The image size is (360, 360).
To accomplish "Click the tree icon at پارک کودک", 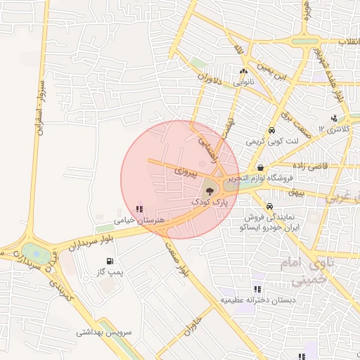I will tap(209, 190).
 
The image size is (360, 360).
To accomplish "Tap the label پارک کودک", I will tap(210, 202).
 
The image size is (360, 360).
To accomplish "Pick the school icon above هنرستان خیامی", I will tap(139, 209).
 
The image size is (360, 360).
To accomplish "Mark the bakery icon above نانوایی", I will tap(243, 71).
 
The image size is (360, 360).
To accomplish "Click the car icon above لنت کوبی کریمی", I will tap(271, 131).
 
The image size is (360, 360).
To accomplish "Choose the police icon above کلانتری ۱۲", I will tap(333, 117).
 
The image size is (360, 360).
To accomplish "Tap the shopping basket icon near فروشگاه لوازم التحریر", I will tap(262, 167).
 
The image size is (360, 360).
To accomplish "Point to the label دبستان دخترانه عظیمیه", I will tap(257, 300).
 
